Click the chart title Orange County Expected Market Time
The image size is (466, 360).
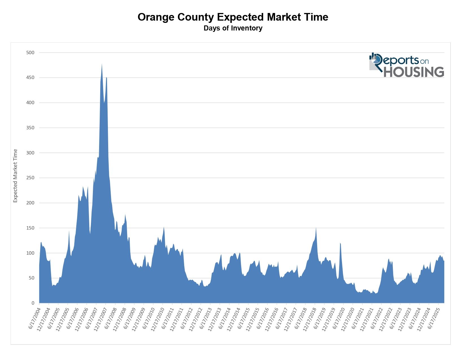click(233, 17)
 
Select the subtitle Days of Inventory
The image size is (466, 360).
click(233, 28)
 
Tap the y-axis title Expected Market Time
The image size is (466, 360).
click(16, 176)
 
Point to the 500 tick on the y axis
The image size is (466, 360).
click(30, 53)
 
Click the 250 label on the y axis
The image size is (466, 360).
click(30, 178)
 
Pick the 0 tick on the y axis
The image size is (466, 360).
click(33, 303)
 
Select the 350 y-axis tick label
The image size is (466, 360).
click(30, 128)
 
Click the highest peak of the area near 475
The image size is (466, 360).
click(102, 65)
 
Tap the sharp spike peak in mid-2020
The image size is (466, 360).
click(340, 243)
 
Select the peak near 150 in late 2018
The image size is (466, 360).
click(316, 228)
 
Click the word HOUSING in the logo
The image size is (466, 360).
click(414, 72)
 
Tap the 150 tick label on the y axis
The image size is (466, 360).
click(30, 228)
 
